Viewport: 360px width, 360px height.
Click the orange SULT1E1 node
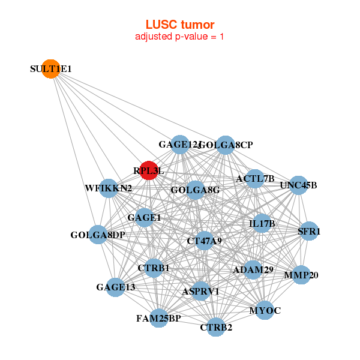51,69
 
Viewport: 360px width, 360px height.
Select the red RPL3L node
148,170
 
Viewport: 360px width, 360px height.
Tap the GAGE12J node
180,145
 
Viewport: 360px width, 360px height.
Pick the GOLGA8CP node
225,145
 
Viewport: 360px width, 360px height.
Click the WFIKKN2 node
108,188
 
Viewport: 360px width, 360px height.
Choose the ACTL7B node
255,178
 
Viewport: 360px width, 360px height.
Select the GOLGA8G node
196,190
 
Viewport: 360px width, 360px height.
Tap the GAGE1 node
144,217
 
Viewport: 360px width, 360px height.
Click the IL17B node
262,224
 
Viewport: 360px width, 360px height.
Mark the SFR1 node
309,231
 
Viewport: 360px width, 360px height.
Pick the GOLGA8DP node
98,235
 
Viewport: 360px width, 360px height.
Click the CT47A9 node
205,241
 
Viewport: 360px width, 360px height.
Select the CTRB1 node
154,268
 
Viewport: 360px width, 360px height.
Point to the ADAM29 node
253,270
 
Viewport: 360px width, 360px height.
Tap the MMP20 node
301,275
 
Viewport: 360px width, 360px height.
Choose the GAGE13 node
115,287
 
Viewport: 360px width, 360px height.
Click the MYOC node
265,310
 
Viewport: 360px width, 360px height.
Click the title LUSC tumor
180,25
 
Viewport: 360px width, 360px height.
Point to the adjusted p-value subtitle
180,37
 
